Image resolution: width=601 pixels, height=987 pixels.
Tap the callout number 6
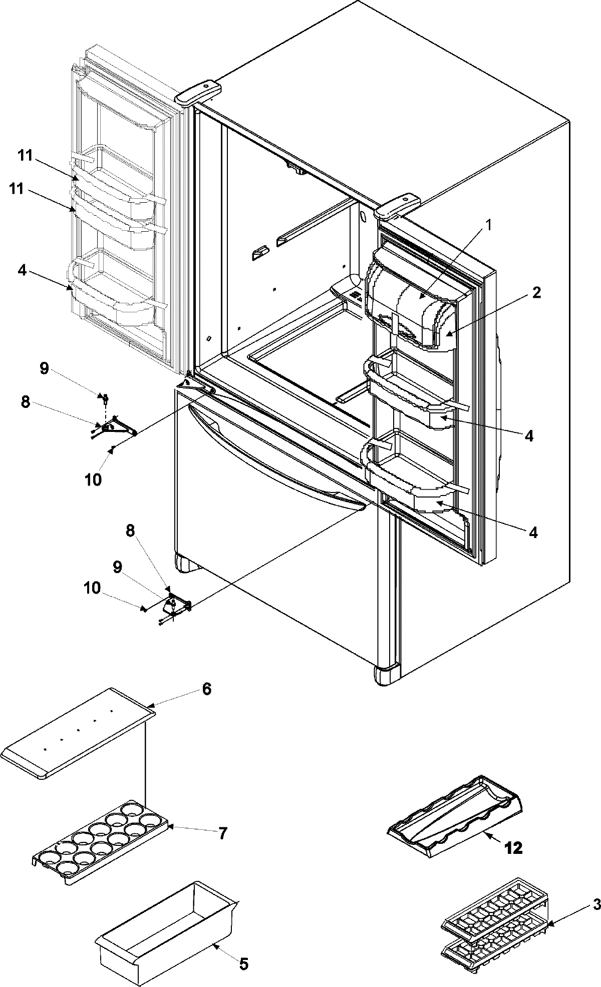pos(207,689)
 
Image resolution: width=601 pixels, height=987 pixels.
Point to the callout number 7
pos(222,833)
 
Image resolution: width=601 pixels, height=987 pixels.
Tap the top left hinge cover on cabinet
pos(198,92)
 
